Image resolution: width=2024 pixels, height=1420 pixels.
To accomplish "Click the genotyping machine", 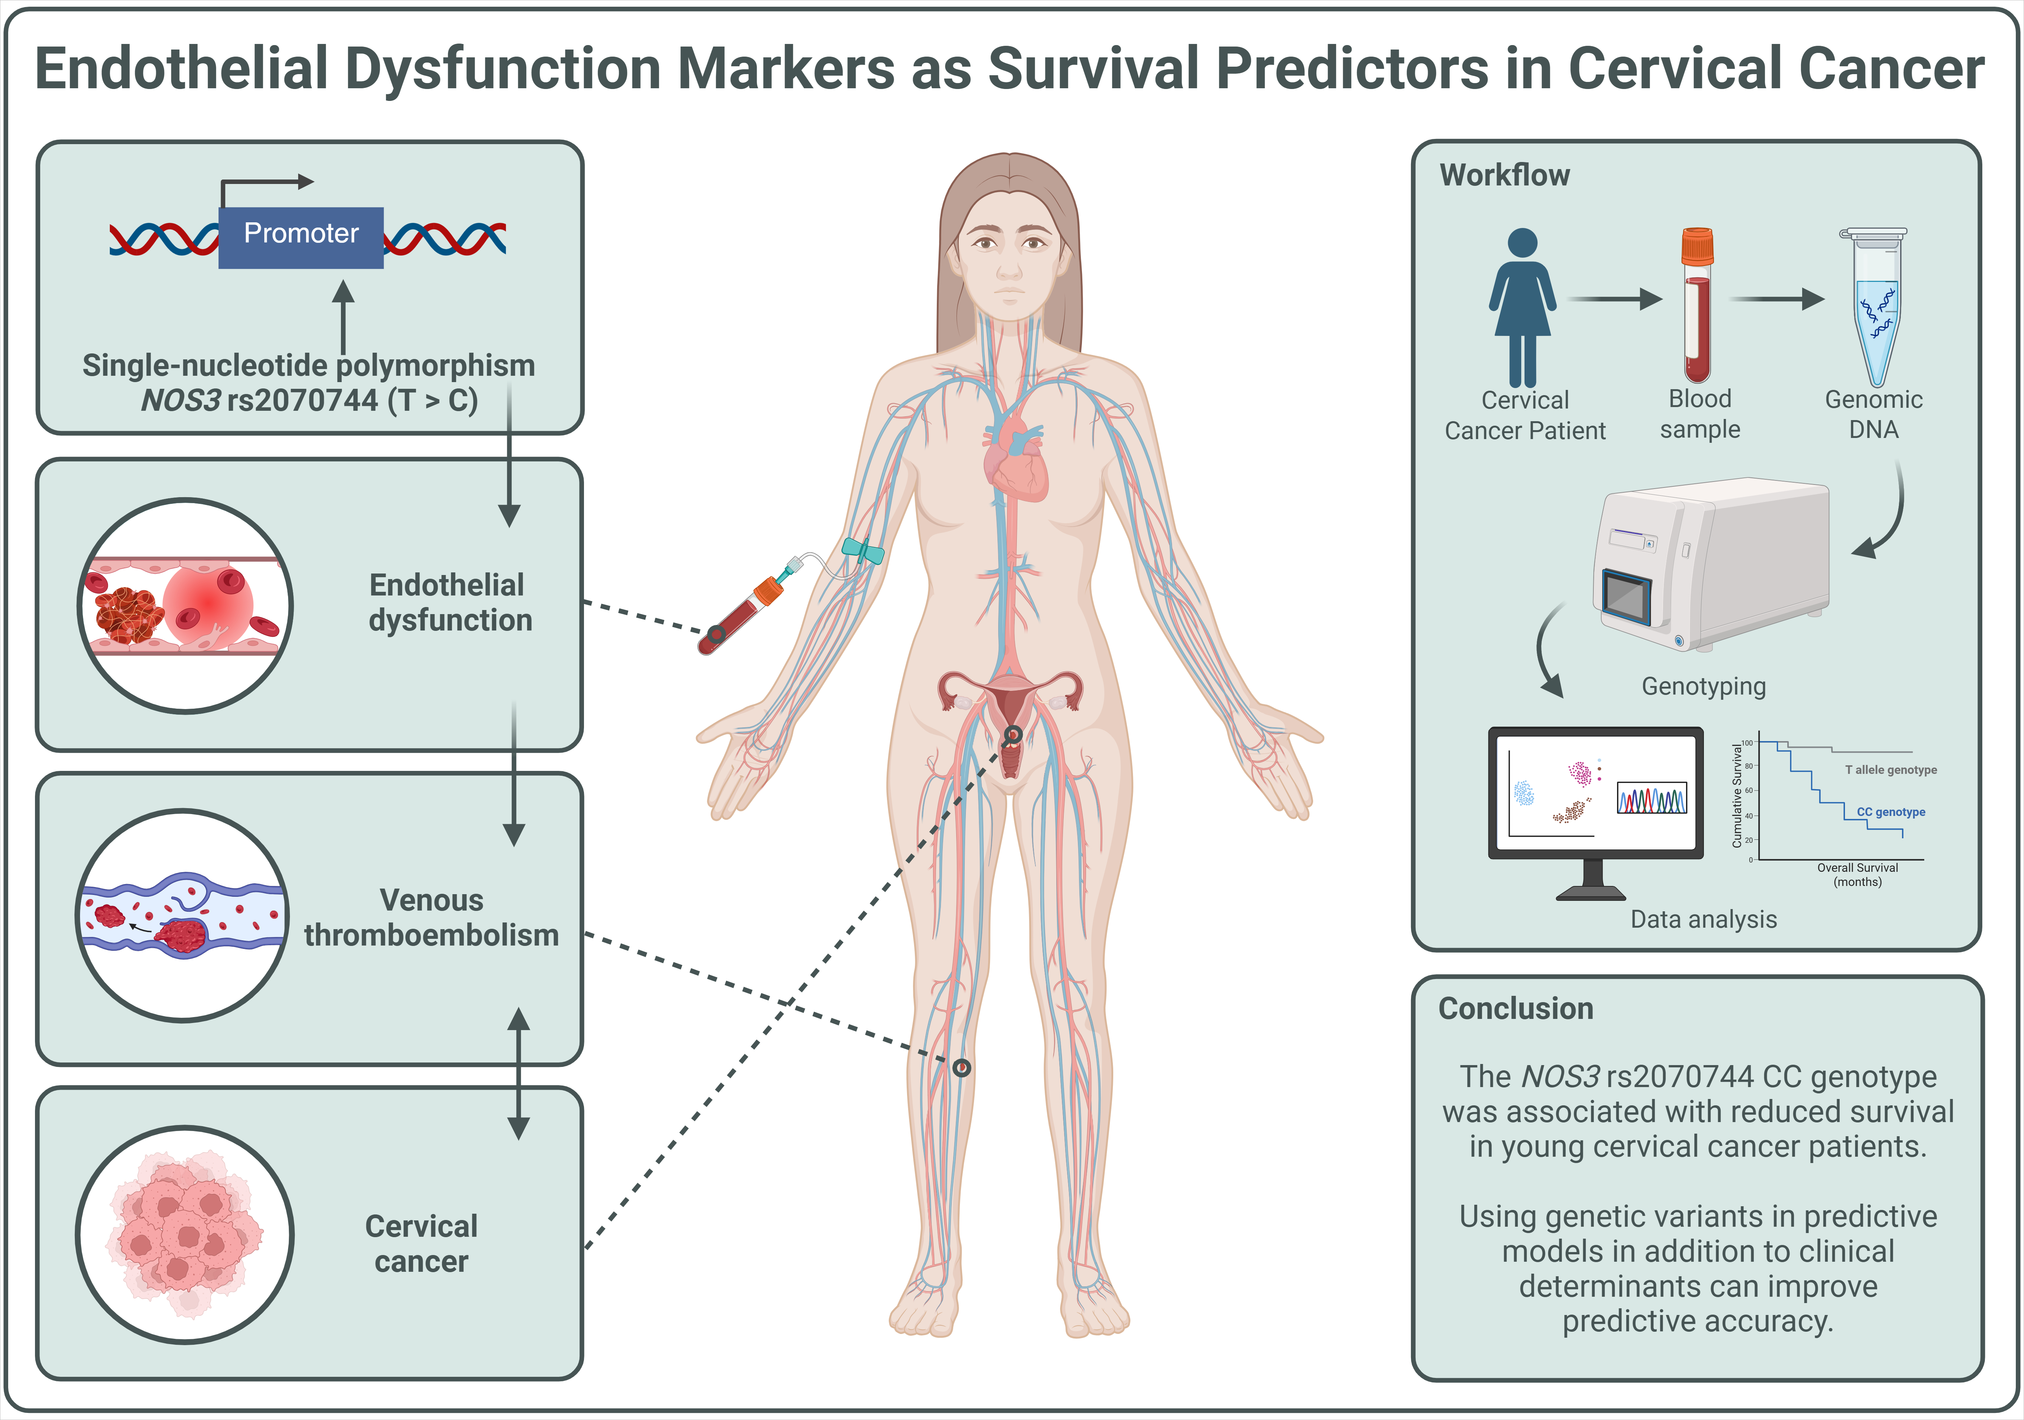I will click(1715, 565).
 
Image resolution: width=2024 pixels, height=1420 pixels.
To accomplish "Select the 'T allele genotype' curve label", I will click(1891, 770).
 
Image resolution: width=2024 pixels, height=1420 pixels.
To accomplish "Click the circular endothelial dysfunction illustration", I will click(185, 606).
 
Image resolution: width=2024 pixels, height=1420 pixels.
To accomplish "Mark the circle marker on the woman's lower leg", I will click(962, 1067).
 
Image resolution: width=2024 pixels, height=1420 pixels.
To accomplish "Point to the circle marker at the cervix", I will click(1014, 734).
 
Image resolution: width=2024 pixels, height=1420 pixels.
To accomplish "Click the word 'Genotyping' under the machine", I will click(1703, 686).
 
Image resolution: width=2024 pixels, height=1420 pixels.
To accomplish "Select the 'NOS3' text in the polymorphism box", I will click(181, 400).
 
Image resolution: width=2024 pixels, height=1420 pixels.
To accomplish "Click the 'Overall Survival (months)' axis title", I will click(1857, 874).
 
